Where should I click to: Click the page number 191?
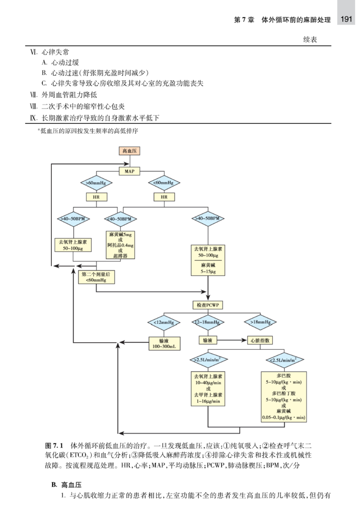click(346, 19)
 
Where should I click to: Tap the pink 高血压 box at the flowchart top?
click(130, 151)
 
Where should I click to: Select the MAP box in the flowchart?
click(130, 171)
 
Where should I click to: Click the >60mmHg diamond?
click(96, 183)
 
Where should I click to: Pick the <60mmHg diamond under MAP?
click(164, 183)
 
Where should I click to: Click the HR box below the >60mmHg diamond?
click(96, 197)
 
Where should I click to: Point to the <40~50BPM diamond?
click(120, 218)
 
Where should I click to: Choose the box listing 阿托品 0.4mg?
click(120, 245)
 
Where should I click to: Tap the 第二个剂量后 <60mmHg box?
click(96, 277)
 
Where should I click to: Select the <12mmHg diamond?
click(164, 323)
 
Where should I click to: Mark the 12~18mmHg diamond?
click(208, 323)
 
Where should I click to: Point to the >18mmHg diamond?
click(260, 323)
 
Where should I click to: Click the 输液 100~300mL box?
click(164, 343)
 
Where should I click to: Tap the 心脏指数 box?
click(260, 340)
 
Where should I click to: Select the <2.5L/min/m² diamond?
click(284, 361)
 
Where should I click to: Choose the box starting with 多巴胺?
click(284, 396)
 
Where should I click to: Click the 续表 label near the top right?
click(305, 40)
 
